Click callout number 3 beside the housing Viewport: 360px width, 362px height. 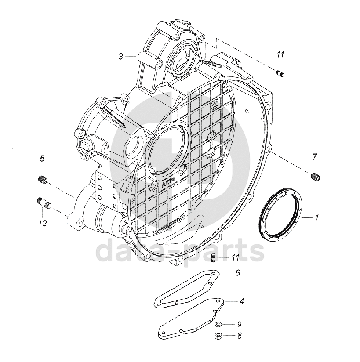(x=120, y=56)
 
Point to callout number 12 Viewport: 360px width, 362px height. (x=42, y=223)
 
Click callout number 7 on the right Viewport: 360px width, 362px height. (x=315, y=157)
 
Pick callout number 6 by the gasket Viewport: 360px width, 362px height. (x=237, y=273)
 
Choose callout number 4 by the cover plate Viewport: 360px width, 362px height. (x=241, y=301)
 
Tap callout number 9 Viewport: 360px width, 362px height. (x=240, y=325)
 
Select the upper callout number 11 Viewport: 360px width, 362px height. (x=280, y=54)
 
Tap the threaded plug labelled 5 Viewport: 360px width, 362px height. (x=43, y=179)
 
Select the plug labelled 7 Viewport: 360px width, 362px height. (x=315, y=177)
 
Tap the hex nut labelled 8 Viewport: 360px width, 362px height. (x=217, y=337)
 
